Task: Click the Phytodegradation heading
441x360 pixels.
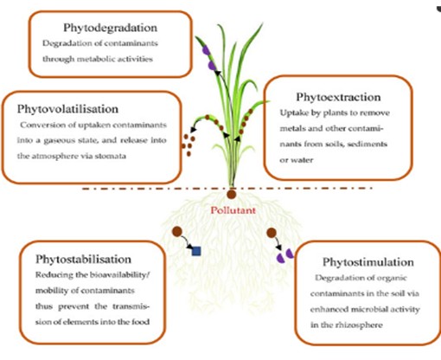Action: [x=110, y=28]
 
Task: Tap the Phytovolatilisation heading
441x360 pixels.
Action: [x=67, y=109]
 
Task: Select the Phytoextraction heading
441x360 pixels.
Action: [x=338, y=97]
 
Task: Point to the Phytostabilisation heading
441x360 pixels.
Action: [x=83, y=260]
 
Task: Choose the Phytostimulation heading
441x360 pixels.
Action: [x=368, y=262]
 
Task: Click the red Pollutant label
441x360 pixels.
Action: [x=233, y=210]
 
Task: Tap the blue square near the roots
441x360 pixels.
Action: [x=196, y=251]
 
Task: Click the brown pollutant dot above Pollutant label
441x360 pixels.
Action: [x=232, y=195]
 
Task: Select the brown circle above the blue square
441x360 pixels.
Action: [x=177, y=231]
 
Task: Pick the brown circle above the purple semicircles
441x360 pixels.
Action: [x=272, y=233]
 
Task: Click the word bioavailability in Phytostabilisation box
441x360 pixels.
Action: [x=119, y=275]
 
